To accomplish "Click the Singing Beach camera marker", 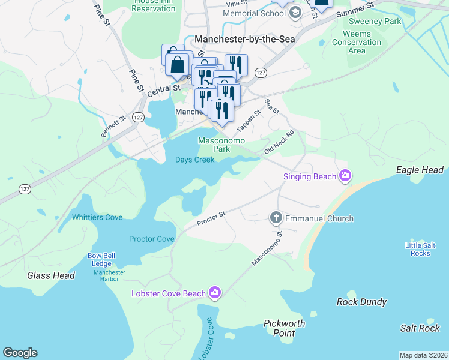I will coord(345,176).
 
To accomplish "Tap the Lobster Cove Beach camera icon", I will coord(215,293).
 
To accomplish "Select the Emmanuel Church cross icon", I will coord(276,218).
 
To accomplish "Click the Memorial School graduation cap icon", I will coord(294,13).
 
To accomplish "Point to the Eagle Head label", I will coord(420,170).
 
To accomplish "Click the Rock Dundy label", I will coord(361,302).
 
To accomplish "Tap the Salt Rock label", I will coord(420,328).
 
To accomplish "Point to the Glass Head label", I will coord(51,275).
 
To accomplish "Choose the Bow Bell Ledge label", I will coord(101,259).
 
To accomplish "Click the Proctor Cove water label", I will coord(152,239).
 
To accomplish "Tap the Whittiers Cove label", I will coord(97,217).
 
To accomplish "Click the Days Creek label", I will coord(194,160).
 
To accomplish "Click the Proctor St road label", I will coord(211,220).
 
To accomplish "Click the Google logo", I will coord(20,353).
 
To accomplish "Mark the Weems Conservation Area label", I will coord(357,43).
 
